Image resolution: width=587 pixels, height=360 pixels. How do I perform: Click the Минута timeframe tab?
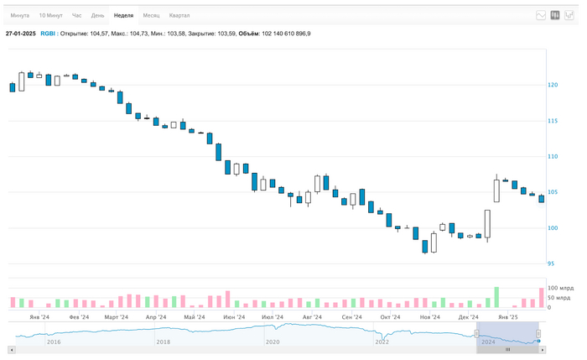point(19,15)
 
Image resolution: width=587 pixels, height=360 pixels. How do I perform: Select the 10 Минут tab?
point(50,15)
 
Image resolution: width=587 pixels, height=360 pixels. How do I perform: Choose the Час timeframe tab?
point(76,15)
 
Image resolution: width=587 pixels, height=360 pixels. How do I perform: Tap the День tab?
point(98,15)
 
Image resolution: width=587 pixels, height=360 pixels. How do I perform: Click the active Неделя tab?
point(123,15)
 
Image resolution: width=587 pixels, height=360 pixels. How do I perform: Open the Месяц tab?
point(151,15)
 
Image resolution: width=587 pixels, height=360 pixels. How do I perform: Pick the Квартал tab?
point(179,15)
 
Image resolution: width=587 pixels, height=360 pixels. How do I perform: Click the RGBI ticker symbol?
point(48,34)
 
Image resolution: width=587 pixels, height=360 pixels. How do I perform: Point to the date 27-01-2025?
point(21,34)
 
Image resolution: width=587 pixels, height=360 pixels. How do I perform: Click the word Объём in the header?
point(248,34)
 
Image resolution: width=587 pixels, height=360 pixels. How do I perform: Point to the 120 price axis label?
point(553,85)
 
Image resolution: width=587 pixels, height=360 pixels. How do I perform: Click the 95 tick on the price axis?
point(551,263)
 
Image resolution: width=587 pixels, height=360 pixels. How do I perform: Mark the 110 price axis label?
point(553,156)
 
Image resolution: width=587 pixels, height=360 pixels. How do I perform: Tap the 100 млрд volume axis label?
point(559,289)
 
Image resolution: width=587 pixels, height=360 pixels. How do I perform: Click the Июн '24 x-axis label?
point(235,317)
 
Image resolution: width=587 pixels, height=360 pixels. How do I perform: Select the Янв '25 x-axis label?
point(508,317)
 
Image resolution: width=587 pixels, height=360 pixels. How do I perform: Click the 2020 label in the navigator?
point(273,342)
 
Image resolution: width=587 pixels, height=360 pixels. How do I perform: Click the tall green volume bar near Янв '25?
point(496,297)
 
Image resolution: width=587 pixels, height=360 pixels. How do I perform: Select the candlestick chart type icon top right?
point(554,15)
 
